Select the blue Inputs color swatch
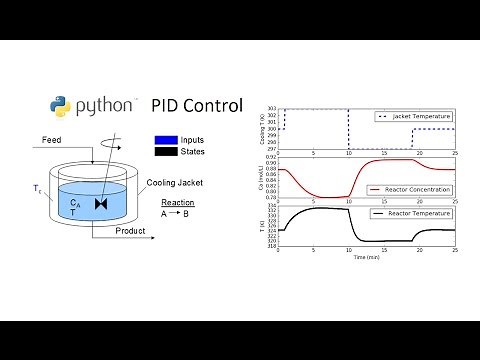tap(166, 141)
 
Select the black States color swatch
tap(166, 152)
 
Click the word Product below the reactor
tap(130, 231)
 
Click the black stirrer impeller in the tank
tap(100, 204)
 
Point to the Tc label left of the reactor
tap(37, 187)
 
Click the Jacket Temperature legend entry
tap(414, 117)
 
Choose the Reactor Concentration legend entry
tap(411, 188)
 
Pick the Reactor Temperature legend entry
tap(411, 213)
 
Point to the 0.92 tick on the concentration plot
tap(270, 156)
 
